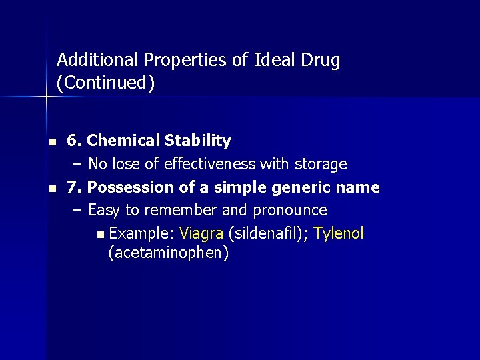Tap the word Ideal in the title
[275, 60]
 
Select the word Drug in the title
[321, 60]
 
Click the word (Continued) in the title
[106, 83]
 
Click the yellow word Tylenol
[339, 233]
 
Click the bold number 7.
[73, 187]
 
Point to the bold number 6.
[73, 141]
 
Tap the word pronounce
[289, 211]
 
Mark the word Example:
[141, 233]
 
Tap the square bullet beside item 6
[51, 142]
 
